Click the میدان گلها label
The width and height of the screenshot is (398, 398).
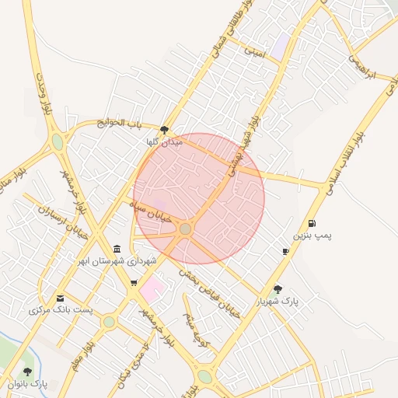[x=163, y=142]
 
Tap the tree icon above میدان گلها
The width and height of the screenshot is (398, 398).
[x=164, y=130]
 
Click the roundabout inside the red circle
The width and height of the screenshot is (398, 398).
[x=185, y=229]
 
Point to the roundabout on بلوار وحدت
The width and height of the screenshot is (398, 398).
[x=57, y=142]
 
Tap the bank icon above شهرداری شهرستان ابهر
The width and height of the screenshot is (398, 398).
[x=117, y=249]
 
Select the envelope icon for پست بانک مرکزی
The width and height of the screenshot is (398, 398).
[x=61, y=298]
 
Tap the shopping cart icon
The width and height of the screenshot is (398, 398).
[x=134, y=283]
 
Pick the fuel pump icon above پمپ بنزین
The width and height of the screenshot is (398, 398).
[x=312, y=223]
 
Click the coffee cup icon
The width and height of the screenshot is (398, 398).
[x=285, y=251]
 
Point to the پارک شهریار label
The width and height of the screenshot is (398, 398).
[x=278, y=300]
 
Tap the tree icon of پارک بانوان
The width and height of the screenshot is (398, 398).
[x=28, y=372]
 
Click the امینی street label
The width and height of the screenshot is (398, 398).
[x=255, y=52]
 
